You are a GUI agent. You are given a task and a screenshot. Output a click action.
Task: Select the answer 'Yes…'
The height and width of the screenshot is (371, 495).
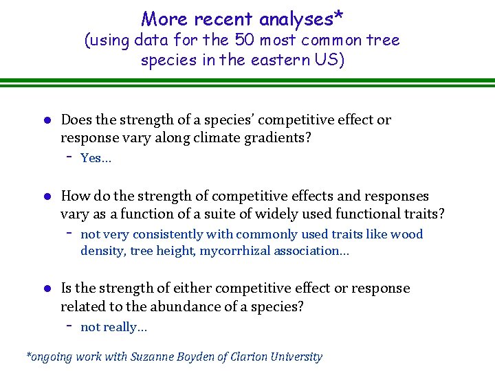point(96,159)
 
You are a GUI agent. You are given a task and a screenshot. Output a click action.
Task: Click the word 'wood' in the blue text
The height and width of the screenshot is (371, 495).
point(408,234)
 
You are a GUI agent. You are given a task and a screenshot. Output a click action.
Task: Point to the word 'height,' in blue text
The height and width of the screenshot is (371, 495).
point(175,251)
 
